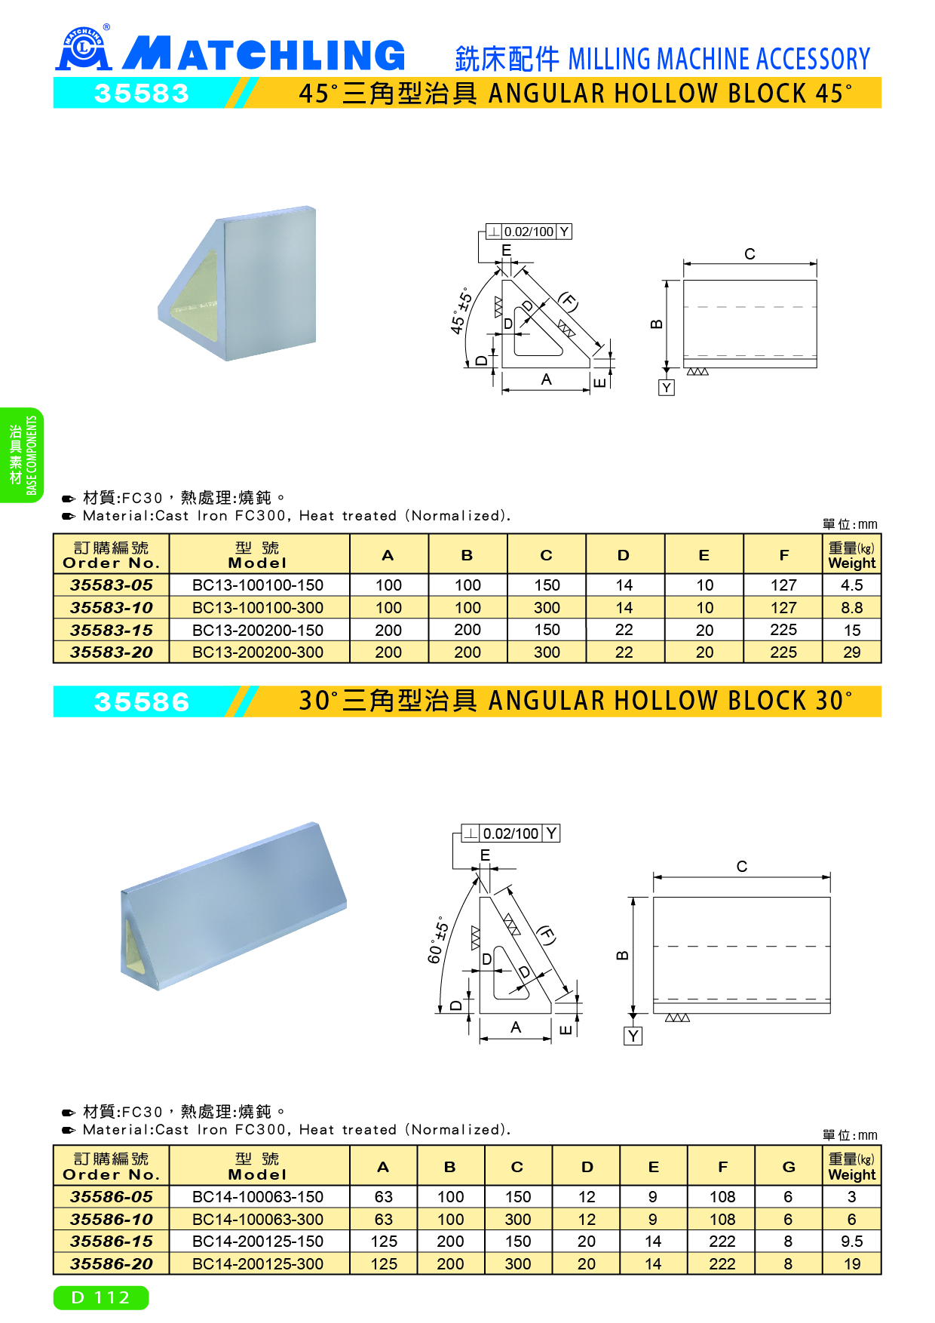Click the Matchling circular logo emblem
pos(84,49)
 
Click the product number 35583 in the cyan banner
pos(141,94)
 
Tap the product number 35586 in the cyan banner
pos(141,702)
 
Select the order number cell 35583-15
pos(112,630)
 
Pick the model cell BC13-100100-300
pos(258,608)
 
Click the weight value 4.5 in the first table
pos(851,585)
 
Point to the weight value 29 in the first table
pos(851,652)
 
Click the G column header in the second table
pos(789,1167)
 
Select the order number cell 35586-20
pos(112,1264)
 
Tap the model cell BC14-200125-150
pos(258,1242)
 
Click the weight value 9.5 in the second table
pos(851,1242)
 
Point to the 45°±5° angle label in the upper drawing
pos(461,311)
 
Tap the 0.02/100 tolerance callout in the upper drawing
pos(529,232)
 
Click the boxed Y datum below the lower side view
pos(633,1036)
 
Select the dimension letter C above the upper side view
pos(750,254)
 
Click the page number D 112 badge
pos(101,1297)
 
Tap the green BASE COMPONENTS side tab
pos(21,456)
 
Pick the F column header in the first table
pos(783,555)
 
